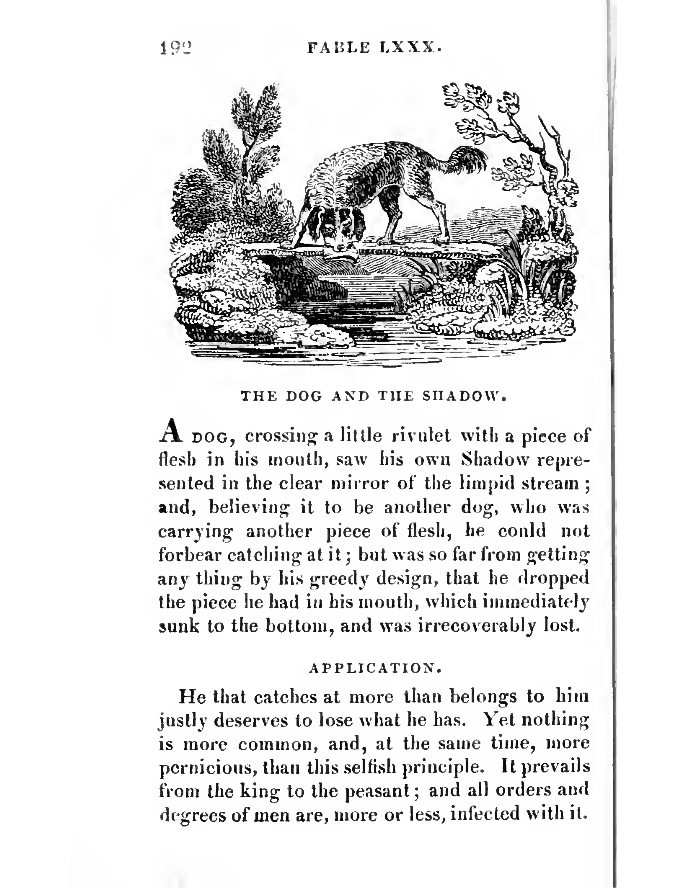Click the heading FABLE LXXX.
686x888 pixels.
(x=374, y=48)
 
